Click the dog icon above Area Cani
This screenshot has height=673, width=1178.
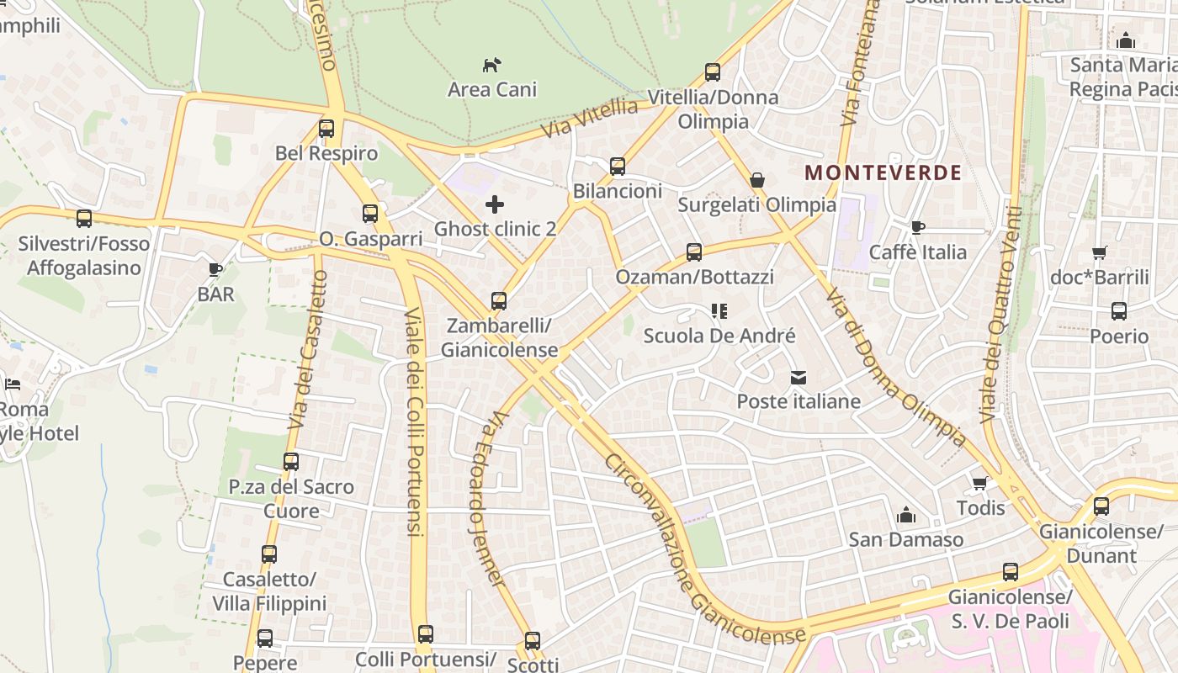(492, 64)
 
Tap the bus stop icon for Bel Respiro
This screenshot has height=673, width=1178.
(326, 129)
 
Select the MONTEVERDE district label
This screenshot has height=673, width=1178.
(883, 173)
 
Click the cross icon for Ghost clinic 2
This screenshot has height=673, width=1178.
(495, 204)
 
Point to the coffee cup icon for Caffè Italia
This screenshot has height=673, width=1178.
(917, 227)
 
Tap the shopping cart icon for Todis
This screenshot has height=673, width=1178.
(979, 483)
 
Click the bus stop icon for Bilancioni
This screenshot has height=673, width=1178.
(618, 167)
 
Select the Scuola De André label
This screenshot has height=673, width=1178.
(719, 336)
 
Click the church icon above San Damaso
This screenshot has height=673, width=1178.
(905, 514)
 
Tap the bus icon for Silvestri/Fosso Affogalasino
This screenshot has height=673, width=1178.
(84, 219)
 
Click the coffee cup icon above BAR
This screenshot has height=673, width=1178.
(215, 269)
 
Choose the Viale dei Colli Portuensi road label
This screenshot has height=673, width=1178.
(413, 421)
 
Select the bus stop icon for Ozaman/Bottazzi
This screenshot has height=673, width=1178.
(694, 252)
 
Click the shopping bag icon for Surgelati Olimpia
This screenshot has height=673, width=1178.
(756, 180)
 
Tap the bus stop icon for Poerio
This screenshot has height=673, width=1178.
(1118, 311)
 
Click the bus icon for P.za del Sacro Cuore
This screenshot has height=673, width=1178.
(291, 462)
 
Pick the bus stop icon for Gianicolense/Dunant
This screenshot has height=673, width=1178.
(1101, 506)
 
